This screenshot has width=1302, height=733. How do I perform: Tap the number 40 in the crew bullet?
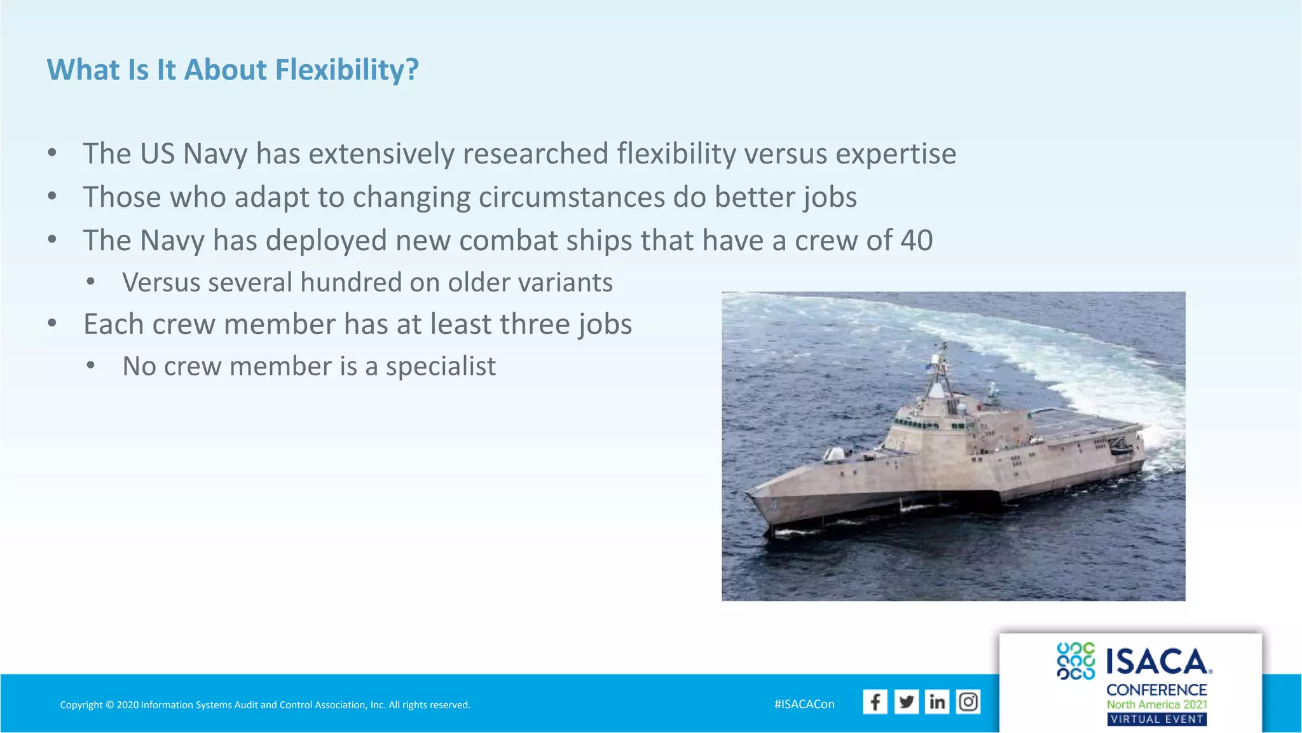pyautogui.click(x=916, y=241)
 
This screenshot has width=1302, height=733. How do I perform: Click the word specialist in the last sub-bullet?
pyautogui.click(x=441, y=366)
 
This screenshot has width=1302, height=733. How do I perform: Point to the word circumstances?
pyautogui.click(x=572, y=197)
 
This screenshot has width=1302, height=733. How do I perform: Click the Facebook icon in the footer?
pyautogui.click(x=875, y=702)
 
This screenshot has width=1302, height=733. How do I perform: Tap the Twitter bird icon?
pyautogui.click(x=906, y=702)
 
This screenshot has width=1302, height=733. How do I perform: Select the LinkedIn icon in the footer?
pyautogui.click(x=937, y=702)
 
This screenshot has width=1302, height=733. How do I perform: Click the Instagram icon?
pyautogui.click(x=968, y=702)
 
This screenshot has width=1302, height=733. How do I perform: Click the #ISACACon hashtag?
pyautogui.click(x=804, y=704)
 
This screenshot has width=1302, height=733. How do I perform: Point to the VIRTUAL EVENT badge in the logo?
pyautogui.click(x=1156, y=720)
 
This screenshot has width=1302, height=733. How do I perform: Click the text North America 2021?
pyautogui.click(x=1156, y=704)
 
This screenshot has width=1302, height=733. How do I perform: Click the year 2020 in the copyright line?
pyautogui.click(x=128, y=705)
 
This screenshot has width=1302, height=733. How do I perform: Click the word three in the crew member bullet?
pyautogui.click(x=535, y=325)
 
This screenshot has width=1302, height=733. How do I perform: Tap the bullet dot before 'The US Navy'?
pyautogui.click(x=52, y=153)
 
